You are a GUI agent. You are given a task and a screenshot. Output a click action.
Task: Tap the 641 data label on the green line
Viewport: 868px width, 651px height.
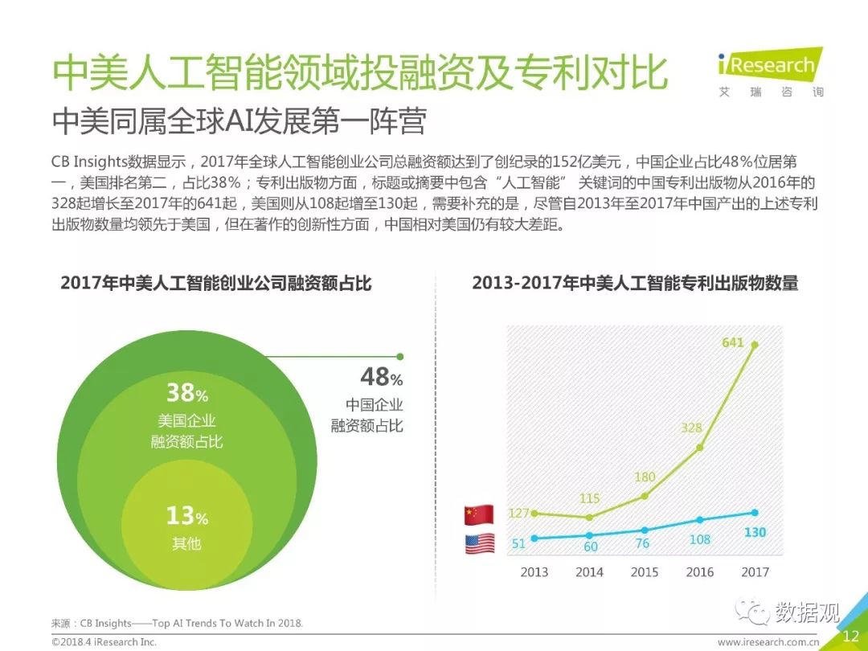pyautogui.click(x=732, y=342)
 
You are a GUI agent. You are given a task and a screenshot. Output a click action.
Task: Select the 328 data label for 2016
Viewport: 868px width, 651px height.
pyautogui.click(x=691, y=428)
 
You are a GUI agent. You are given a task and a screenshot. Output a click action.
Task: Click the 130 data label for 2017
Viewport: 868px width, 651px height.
pyautogui.click(x=754, y=532)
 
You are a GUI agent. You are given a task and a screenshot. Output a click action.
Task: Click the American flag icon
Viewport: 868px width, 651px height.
pyautogui.click(x=480, y=544)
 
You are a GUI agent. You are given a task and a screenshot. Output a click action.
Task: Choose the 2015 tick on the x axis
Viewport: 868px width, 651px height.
pyautogui.click(x=645, y=572)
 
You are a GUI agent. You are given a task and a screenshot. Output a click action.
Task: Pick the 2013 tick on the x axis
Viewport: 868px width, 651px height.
pyautogui.click(x=534, y=572)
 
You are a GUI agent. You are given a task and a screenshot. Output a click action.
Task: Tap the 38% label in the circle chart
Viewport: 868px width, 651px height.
pyautogui.click(x=186, y=393)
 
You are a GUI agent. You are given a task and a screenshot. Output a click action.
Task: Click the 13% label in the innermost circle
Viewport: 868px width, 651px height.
pyautogui.click(x=186, y=515)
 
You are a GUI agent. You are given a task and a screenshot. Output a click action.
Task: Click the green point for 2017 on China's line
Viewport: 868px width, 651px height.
pyautogui.click(x=754, y=345)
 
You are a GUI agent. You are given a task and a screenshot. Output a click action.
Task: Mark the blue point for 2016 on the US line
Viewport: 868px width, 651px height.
pyautogui.click(x=699, y=520)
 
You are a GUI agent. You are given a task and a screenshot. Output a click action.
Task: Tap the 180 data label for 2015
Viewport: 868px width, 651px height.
pyautogui.click(x=645, y=477)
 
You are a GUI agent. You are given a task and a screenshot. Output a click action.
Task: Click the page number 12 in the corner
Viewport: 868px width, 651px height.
pyautogui.click(x=850, y=637)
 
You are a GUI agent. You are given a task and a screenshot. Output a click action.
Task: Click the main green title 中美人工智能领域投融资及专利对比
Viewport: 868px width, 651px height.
pyautogui.click(x=359, y=74)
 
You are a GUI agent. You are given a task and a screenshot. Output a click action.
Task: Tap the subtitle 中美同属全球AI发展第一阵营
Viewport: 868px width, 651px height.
pyautogui.click(x=239, y=122)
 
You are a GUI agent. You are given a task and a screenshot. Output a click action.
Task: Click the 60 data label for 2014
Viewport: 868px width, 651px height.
pyautogui.click(x=590, y=547)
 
